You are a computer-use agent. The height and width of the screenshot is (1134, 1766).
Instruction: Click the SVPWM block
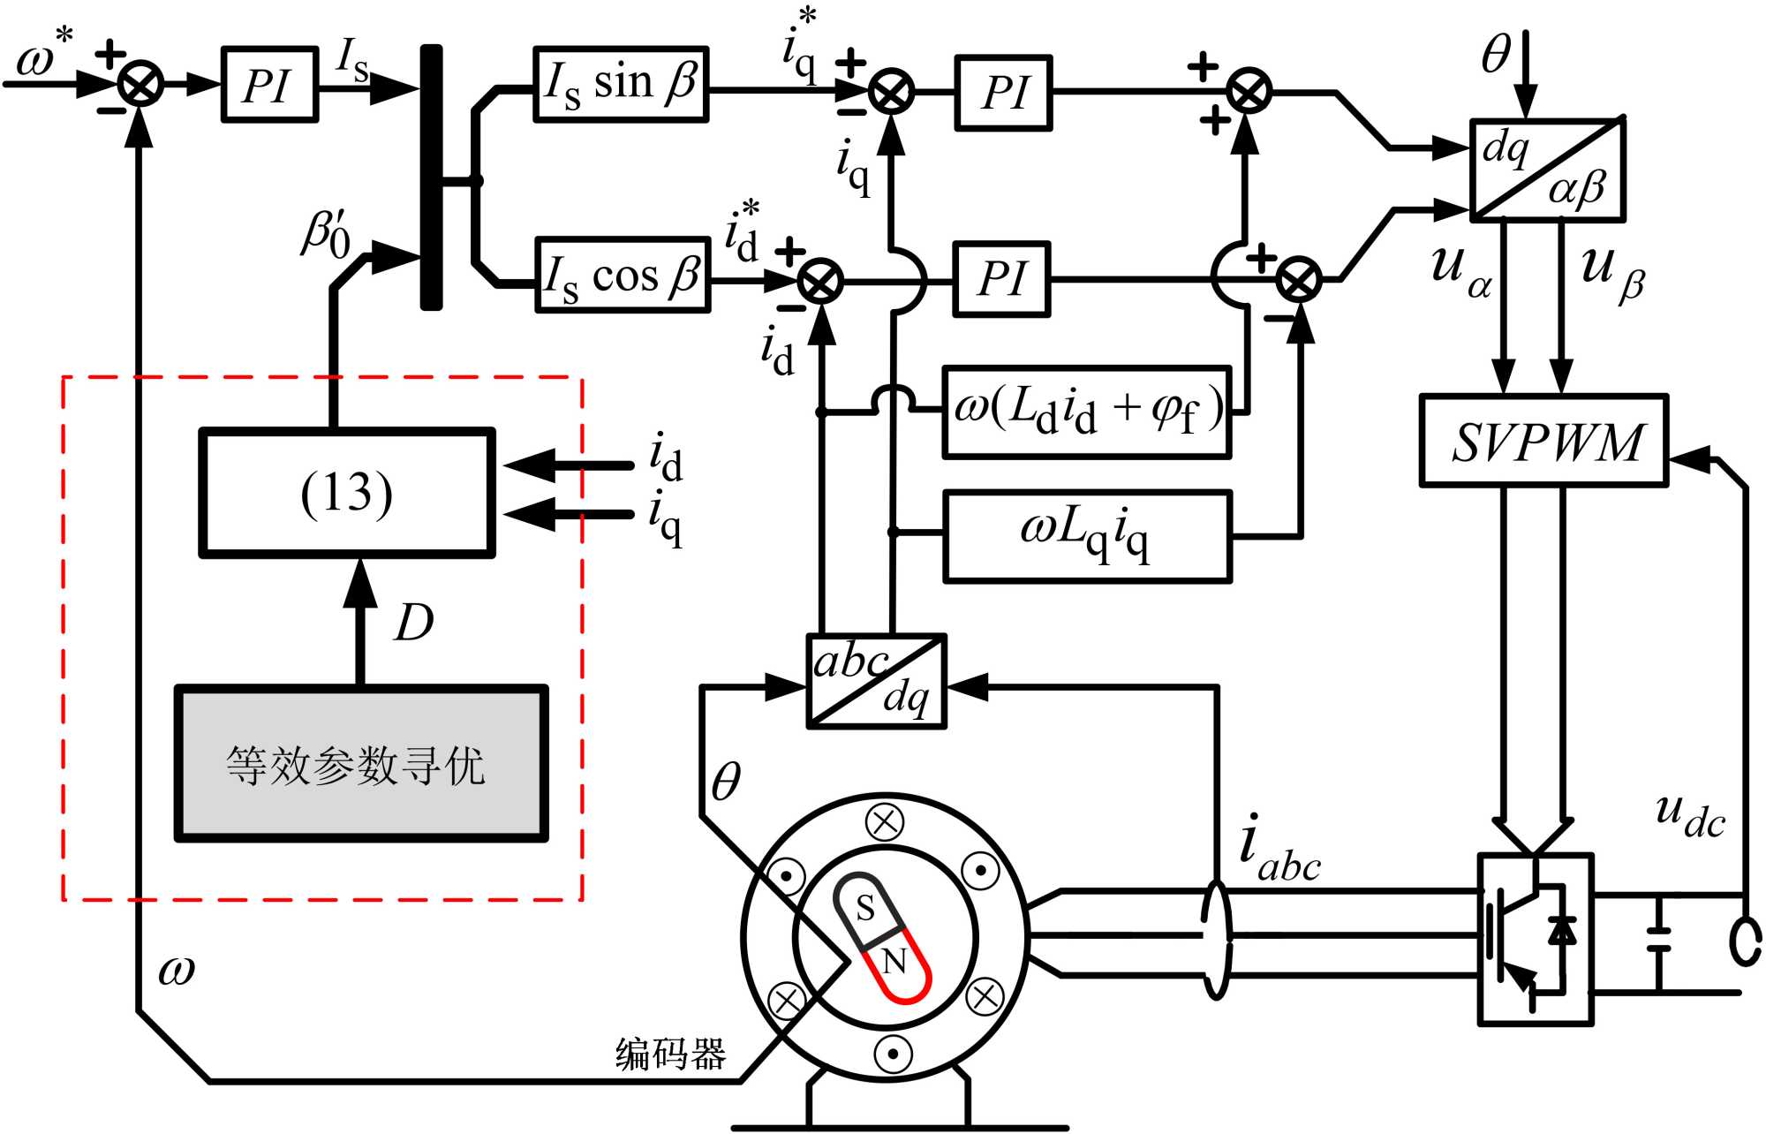point(1543,441)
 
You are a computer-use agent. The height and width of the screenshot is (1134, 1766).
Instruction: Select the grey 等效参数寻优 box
point(361,764)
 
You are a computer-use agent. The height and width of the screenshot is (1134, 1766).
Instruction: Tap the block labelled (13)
point(347,493)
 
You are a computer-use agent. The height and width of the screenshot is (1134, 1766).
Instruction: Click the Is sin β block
point(621,84)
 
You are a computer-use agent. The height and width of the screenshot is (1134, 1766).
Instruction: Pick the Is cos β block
point(623,275)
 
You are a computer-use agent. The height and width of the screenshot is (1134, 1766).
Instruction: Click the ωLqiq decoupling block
point(1087,536)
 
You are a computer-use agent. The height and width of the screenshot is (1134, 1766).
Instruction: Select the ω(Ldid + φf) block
point(1087,412)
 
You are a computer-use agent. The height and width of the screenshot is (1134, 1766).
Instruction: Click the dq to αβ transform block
point(1547,170)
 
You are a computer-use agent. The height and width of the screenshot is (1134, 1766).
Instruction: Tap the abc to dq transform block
point(877,681)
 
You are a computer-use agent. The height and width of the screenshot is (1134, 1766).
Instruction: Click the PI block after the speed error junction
point(269,85)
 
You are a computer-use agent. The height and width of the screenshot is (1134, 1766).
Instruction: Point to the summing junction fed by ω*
point(141,85)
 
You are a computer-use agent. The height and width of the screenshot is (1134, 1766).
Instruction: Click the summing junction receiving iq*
point(891,92)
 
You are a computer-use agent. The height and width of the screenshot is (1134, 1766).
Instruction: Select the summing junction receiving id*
point(820,282)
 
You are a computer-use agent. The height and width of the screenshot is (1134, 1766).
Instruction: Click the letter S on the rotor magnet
point(865,907)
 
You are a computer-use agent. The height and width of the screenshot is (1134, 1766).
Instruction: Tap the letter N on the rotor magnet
point(894,961)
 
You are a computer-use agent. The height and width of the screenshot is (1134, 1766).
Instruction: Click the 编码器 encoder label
point(670,1054)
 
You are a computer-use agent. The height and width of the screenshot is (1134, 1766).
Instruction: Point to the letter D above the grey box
point(413,623)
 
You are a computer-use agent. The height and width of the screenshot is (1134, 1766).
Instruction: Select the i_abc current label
point(1278,850)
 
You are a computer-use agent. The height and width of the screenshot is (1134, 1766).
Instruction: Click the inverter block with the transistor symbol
point(1536,939)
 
